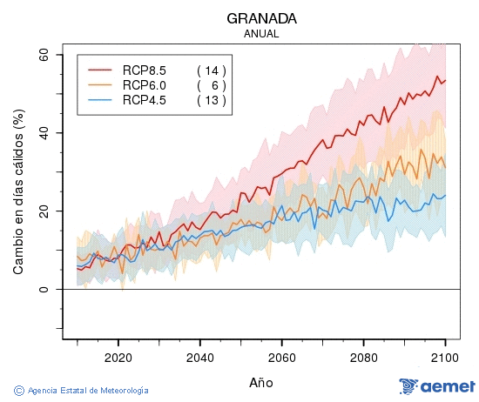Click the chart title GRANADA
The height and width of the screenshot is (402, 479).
pyautogui.click(x=261, y=18)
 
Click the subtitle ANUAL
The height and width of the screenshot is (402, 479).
pyautogui.click(x=261, y=34)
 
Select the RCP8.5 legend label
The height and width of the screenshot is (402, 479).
pyautogui.click(x=145, y=70)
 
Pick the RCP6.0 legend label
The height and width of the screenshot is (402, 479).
pyautogui.click(x=145, y=84)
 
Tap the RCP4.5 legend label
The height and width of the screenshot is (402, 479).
pyautogui.click(x=145, y=100)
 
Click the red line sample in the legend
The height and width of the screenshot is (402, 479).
pyautogui.click(x=101, y=70)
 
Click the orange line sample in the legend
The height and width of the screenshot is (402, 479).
pyautogui.click(x=101, y=84)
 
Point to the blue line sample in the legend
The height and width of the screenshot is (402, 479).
pyautogui.click(x=101, y=100)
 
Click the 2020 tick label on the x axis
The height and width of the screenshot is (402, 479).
pyautogui.click(x=118, y=357)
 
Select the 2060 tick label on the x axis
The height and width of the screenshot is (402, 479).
pyautogui.click(x=281, y=357)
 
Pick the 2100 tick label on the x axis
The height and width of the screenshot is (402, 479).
pyautogui.click(x=445, y=357)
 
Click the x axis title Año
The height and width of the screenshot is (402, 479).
pyautogui.click(x=261, y=382)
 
